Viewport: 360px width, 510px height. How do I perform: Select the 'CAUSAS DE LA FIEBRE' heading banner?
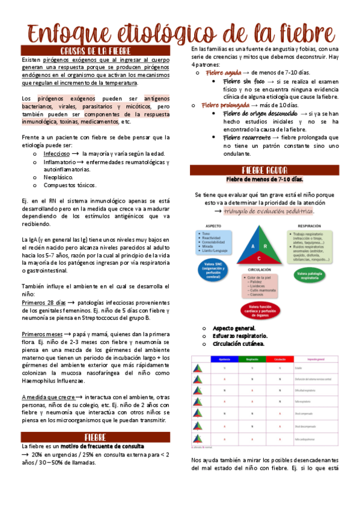pos(96,51)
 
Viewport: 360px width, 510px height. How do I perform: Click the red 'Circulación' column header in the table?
pos(279,359)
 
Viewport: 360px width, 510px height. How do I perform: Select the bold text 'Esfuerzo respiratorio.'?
pos(240,336)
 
